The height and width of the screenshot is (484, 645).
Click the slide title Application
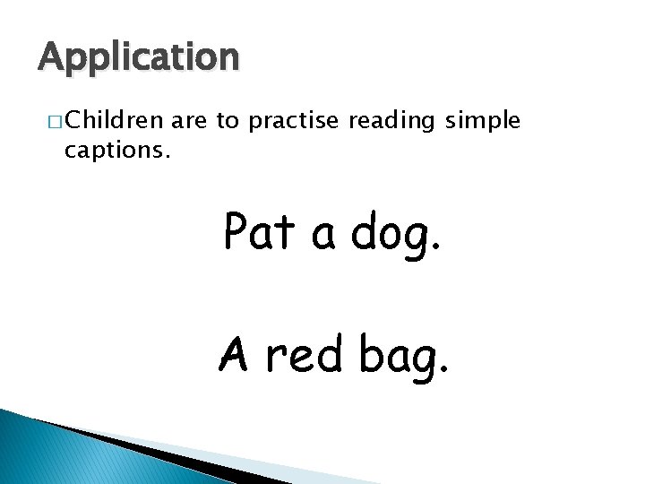point(139,58)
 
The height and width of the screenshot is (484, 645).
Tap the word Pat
point(260,233)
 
